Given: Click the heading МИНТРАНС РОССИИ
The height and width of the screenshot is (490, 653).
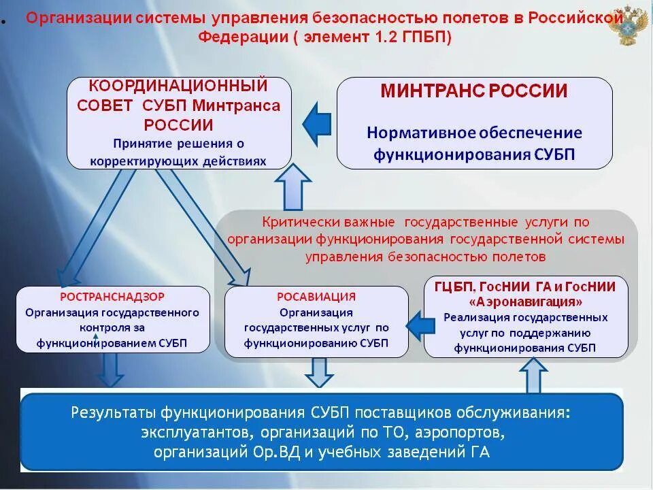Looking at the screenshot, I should point(474,91).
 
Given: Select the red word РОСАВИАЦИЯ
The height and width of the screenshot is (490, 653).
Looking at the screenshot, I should point(316,297).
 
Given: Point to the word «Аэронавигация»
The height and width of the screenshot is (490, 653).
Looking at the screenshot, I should point(526,301).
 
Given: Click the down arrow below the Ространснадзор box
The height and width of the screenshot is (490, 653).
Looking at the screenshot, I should point(110,371).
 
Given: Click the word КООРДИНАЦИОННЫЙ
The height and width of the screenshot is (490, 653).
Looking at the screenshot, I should point(178,86).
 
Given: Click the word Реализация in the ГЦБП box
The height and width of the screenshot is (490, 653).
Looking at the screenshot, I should point(476,317).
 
